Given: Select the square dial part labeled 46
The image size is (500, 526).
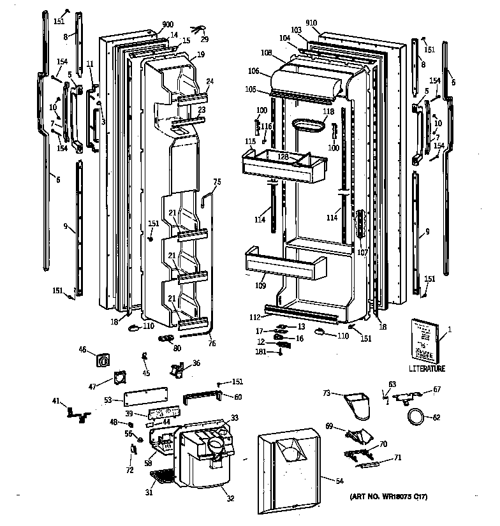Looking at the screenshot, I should tap(103, 360).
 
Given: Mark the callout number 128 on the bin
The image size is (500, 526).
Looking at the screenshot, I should tap(283, 156).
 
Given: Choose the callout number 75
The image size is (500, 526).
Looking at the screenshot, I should tap(216, 182).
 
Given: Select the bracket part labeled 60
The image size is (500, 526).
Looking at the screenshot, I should tap(203, 398).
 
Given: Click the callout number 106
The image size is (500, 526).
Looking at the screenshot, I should tap(254, 72).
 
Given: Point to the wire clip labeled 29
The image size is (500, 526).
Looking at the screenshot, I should tap(199, 27).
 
